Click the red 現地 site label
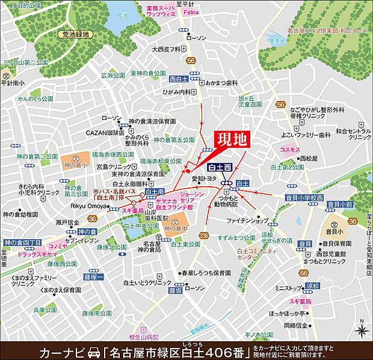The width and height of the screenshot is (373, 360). [232, 139]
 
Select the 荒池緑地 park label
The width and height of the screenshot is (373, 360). [78, 35]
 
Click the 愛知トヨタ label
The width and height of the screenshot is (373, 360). [204, 178]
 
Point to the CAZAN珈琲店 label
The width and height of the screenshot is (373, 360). [104, 132]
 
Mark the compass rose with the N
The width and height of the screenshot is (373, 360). [361, 329]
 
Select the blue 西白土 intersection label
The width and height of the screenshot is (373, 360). [180, 79]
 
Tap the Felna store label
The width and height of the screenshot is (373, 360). [190, 11]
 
